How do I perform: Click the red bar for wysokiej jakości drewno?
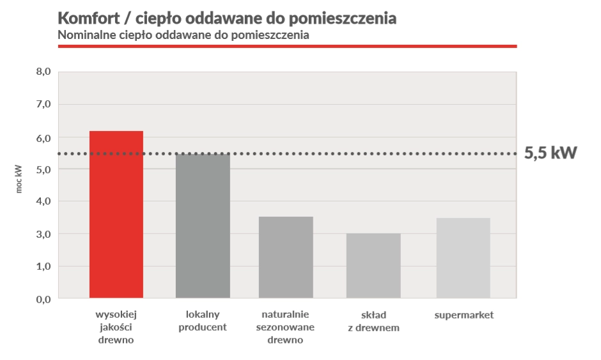[x=116, y=214]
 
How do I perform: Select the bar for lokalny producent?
[x=203, y=226]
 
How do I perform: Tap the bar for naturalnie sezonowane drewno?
[x=286, y=257]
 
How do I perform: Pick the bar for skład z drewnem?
[x=373, y=265]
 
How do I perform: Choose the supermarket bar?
[x=464, y=258]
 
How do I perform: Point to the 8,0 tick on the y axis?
[x=43, y=72]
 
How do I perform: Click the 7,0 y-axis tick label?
[x=43, y=104]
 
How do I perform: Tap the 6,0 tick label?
[x=43, y=137]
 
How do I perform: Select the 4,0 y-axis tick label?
[x=43, y=201]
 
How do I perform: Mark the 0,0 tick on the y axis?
[x=43, y=299]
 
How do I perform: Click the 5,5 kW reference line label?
[x=550, y=153]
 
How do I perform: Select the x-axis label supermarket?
[x=464, y=315]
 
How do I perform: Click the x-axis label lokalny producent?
[x=203, y=321]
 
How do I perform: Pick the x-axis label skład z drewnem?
[x=373, y=322]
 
